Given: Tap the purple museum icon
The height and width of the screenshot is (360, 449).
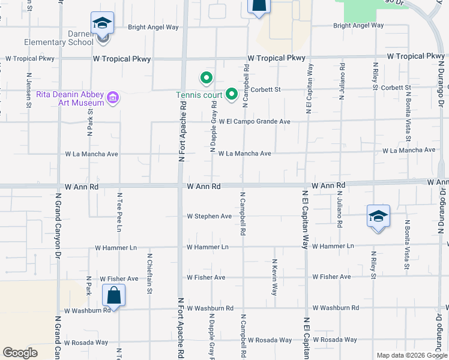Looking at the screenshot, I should click(112, 97).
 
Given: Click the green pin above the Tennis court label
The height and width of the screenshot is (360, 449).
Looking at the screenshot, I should click(206, 78).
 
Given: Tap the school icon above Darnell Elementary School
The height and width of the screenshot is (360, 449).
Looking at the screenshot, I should click(102, 23).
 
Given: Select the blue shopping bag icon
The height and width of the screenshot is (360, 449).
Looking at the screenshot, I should click(113, 295).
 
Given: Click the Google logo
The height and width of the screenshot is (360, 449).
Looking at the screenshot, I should click(20, 353).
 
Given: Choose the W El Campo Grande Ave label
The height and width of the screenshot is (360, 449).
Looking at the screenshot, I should click(255, 122).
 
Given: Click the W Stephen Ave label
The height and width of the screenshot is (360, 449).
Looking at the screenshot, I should click(209, 216).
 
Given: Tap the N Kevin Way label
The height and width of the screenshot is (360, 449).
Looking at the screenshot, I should click(274, 277).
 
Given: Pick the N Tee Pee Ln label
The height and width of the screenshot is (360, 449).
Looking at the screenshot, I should click(119, 212).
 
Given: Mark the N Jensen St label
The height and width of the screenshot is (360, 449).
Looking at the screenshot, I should click(28, 91).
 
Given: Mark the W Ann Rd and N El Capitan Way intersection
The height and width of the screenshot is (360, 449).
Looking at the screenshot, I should click(306, 185).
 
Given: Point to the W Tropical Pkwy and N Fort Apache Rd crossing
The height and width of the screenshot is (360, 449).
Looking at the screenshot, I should click(182, 59).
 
